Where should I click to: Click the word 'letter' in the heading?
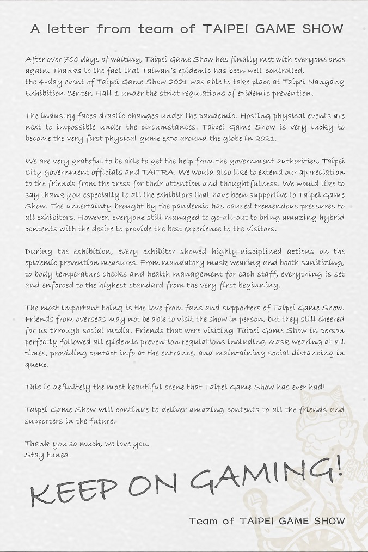pyautogui.click(x=72, y=29)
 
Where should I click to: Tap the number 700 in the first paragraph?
pyautogui.click(x=72, y=59)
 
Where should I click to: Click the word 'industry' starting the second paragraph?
pyautogui.click(x=59, y=116)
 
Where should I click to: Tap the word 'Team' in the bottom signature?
pyautogui.click(x=203, y=521)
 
